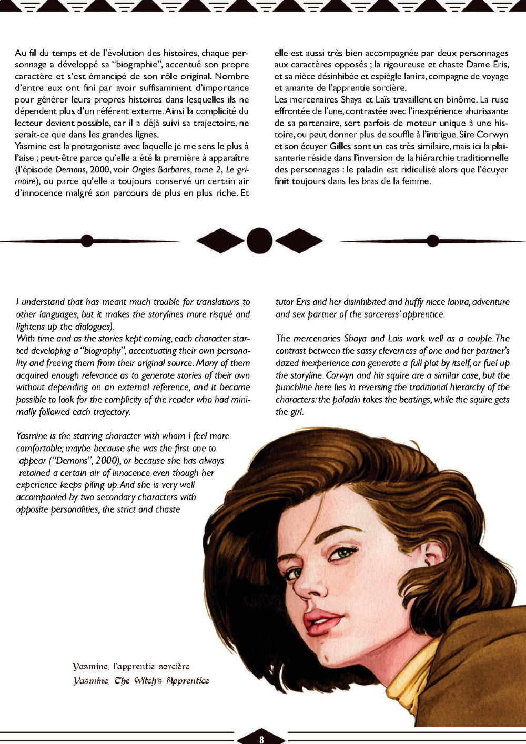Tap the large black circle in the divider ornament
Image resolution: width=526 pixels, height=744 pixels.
(259, 241)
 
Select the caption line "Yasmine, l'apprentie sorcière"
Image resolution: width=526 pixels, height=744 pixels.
(131, 667)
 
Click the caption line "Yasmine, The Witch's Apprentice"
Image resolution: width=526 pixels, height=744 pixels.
(141, 681)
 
